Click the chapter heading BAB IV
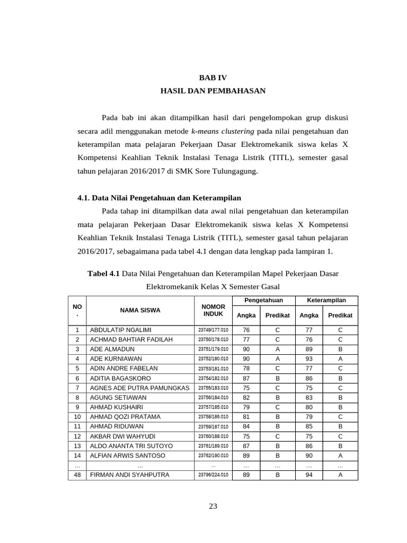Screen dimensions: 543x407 (x=213, y=77)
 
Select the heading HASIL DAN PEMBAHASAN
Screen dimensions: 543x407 (x=213, y=91)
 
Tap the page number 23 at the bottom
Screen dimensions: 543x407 (x=213, y=506)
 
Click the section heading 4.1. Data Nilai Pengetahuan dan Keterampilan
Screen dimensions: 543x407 (x=159, y=198)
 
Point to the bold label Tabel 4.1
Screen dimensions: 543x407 (x=104, y=274)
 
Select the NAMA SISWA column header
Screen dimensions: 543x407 (x=140, y=310)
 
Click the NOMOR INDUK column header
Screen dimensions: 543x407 (x=213, y=310)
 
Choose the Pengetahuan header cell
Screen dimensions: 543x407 (x=263, y=300)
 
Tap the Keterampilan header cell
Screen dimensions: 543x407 (x=326, y=300)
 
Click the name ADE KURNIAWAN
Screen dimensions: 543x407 (x=116, y=359)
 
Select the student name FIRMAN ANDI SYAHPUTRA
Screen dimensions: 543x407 (x=129, y=475)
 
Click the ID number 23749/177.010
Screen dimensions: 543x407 (x=213, y=330)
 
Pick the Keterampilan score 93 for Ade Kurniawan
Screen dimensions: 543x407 (x=309, y=359)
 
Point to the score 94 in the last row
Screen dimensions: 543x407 (x=309, y=475)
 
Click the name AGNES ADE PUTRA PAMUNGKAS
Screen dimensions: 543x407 (x=139, y=388)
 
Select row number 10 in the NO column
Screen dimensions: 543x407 (x=77, y=417)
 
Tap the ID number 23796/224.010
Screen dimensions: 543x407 (x=213, y=475)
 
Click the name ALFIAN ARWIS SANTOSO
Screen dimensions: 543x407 (x=127, y=456)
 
